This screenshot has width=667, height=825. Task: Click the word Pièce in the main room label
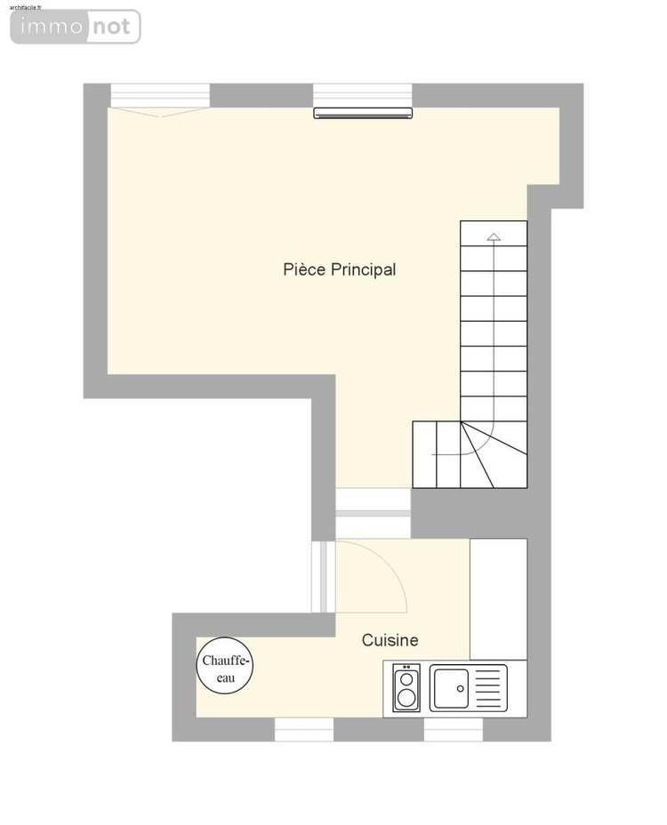click(x=305, y=269)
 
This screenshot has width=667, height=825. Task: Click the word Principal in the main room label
click(x=363, y=269)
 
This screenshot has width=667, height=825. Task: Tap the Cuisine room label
click(x=390, y=640)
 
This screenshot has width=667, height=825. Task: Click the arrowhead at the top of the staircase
click(x=494, y=237)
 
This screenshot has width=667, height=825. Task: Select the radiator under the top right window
click(x=364, y=113)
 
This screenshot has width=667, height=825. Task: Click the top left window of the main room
click(x=160, y=94)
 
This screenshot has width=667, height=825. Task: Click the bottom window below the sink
click(x=453, y=730)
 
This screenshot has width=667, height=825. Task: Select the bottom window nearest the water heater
click(x=303, y=730)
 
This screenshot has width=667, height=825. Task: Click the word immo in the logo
click(x=48, y=27)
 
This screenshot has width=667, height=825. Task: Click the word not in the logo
click(x=112, y=27)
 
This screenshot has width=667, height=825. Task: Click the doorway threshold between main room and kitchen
click(x=374, y=513)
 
